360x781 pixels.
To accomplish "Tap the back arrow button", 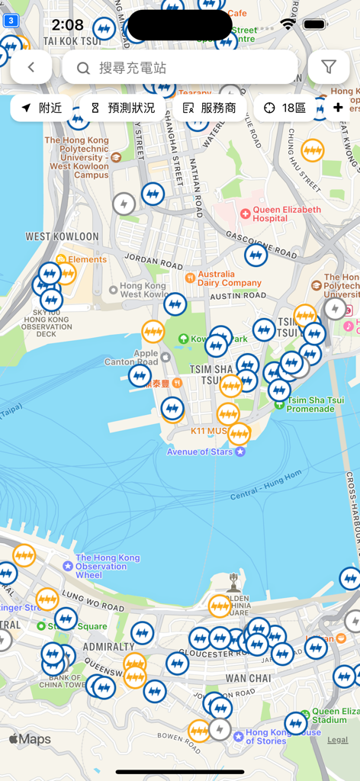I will [31, 67].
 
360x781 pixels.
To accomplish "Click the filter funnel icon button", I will [329, 67].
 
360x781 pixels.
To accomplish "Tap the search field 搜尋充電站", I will [180, 67].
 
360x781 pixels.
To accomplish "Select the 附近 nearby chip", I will [42, 108].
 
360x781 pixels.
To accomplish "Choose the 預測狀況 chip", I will [122, 108].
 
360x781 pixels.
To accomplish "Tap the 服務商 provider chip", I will [210, 108].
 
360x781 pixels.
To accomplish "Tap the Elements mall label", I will [86, 259].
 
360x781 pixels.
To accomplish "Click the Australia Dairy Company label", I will [229, 278].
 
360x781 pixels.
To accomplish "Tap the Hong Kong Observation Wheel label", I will [107, 566].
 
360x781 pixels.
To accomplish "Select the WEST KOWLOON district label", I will [63, 236].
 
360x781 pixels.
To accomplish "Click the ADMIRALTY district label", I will [108, 647].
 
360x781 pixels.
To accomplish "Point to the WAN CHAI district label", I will [248, 678].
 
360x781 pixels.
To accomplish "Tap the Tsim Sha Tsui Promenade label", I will [310, 404].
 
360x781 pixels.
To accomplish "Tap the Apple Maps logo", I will [31, 739].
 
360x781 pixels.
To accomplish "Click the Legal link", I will [337, 740].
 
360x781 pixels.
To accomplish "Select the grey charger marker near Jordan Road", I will [124, 204].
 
